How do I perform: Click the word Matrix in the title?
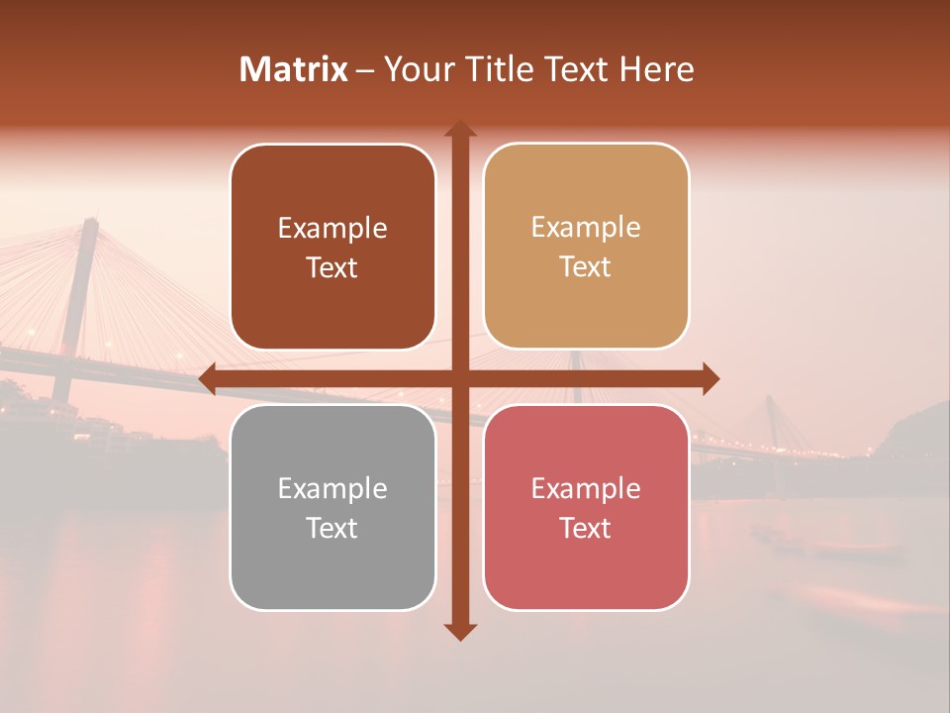[x=293, y=69]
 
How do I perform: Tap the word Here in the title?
[x=656, y=69]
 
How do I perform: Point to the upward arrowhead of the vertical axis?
[x=460, y=129]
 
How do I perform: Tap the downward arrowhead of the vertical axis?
[x=460, y=631]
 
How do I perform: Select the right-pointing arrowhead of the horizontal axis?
[x=710, y=378]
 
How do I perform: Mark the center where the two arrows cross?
[x=460, y=378]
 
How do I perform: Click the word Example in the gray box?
[x=332, y=488]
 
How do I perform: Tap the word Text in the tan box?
[x=586, y=267]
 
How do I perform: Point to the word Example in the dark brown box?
[x=332, y=228]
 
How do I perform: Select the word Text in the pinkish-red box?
[x=586, y=528]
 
